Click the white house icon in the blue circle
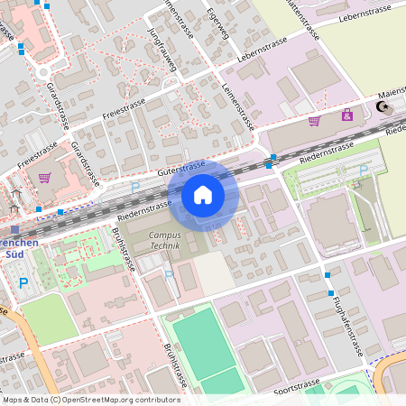click(202, 194)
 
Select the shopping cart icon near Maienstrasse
click(314, 120)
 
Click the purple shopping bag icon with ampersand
click(346, 115)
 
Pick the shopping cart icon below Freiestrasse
click(44, 177)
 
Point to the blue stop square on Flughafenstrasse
click(328, 274)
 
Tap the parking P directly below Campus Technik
click(169, 274)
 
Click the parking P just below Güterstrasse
click(134, 186)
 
